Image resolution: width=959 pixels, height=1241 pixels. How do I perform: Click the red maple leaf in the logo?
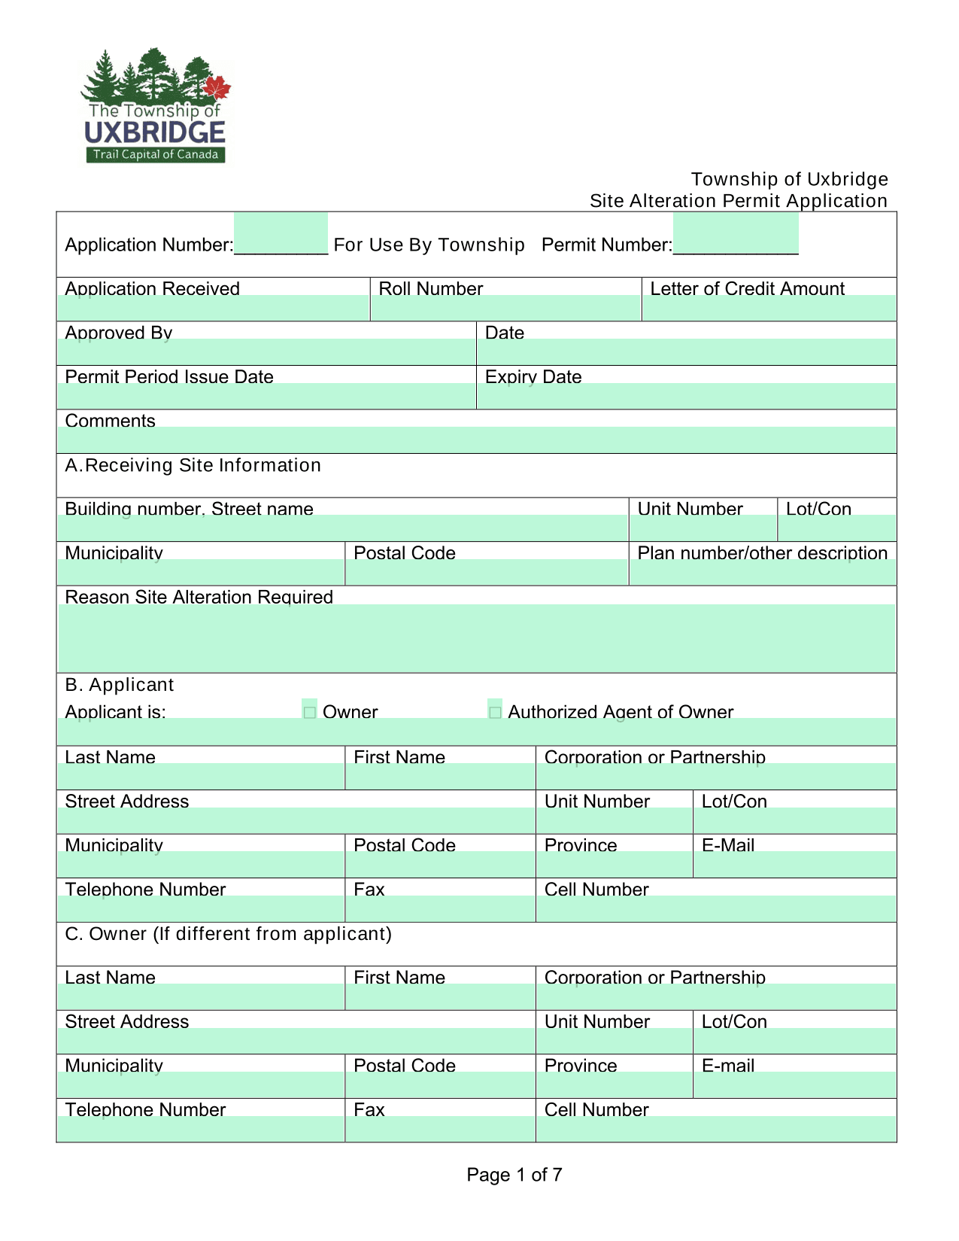click(217, 89)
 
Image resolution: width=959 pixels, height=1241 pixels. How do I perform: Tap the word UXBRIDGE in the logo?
click(155, 133)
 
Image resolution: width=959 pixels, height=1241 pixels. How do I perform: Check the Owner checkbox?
click(309, 712)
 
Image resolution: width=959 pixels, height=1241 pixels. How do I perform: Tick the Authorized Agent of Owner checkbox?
click(495, 712)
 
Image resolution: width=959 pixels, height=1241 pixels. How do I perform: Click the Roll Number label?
click(430, 289)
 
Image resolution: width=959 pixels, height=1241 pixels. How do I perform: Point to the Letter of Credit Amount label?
click(747, 289)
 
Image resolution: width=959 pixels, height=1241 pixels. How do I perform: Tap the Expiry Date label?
click(533, 377)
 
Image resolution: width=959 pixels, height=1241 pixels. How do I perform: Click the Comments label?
click(111, 421)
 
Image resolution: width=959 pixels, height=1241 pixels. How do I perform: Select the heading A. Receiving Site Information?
click(193, 466)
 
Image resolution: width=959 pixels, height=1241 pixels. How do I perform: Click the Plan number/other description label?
click(762, 553)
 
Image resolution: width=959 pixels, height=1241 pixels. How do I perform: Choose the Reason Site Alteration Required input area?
click(476, 638)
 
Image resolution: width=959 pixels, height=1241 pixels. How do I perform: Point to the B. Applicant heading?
click(120, 685)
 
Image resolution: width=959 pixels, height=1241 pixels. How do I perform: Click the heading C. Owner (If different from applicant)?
click(229, 934)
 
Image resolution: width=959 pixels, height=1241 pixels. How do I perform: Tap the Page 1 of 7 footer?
click(514, 1175)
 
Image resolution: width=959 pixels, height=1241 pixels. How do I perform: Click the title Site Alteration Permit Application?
click(738, 201)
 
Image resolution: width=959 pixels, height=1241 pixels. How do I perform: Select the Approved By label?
click(119, 333)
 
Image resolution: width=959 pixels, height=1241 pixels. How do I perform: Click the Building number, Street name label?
click(189, 509)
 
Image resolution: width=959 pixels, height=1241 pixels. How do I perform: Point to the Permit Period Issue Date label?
click(169, 377)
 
